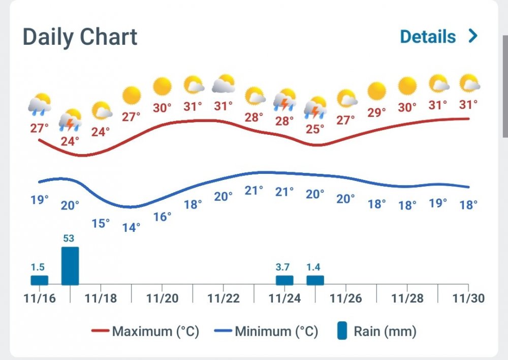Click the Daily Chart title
(x=80, y=37)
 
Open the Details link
(x=428, y=37)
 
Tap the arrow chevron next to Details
(x=473, y=36)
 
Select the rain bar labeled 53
(x=70, y=266)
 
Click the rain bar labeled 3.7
(x=284, y=280)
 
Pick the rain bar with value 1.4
(x=315, y=280)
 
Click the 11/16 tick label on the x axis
(x=39, y=298)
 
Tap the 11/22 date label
(x=224, y=298)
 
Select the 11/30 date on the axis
(x=468, y=298)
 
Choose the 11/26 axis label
(x=346, y=298)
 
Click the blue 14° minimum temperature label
(x=131, y=227)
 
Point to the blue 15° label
(x=101, y=223)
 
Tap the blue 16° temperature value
(x=162, y=217)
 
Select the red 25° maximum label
(x=315, y=129)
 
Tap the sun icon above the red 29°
(x=377, y=91)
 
